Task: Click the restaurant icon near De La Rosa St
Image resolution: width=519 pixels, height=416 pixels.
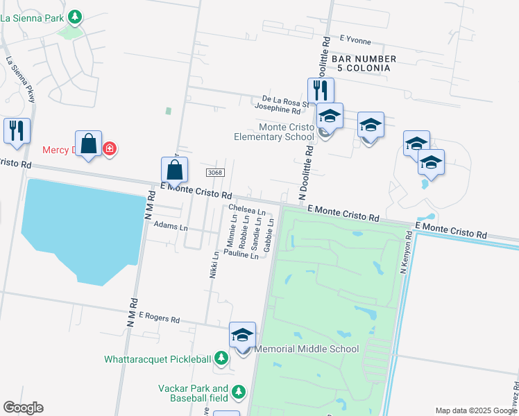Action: [321, 90]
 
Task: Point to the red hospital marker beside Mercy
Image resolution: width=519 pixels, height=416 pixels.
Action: [109, 148]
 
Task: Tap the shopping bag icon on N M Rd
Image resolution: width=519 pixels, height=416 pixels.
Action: [174, 170]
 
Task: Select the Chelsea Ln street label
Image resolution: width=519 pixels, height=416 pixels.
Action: [246, 209]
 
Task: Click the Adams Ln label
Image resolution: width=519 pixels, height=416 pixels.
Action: [171, 227]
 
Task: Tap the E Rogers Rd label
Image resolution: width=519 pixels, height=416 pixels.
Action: [159, 318]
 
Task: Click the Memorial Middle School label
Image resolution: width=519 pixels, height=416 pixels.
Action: [307, 349]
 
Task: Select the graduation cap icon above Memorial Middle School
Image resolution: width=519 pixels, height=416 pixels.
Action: [243, 335]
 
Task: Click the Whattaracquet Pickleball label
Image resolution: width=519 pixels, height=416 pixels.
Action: [158, 359]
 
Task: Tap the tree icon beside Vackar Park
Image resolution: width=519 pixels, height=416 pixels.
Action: [238, 392]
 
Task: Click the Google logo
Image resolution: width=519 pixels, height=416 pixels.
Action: [23, 408]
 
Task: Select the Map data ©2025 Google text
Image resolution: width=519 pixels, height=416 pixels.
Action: [477, 410]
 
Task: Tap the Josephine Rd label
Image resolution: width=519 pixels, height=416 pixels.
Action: [278, 110]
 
